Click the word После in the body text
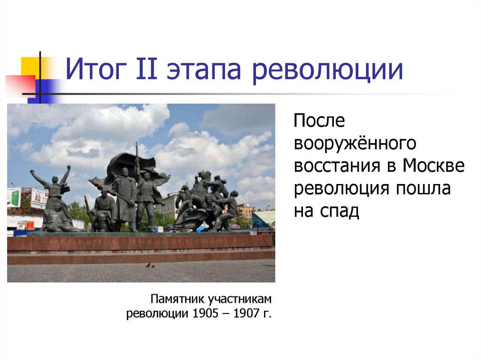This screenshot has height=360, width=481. coord(319,121)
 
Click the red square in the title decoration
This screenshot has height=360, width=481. coord(20,85)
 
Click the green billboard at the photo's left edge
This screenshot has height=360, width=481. coord(14,197)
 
